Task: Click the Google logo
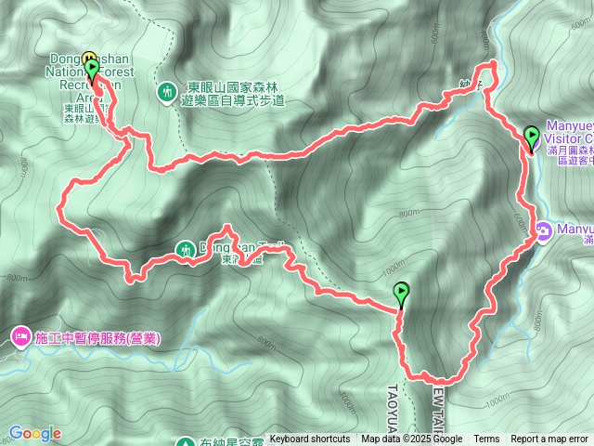point(35,433)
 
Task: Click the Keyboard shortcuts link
point(310,439)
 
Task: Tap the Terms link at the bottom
point(486,439)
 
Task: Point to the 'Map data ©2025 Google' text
point(412,439)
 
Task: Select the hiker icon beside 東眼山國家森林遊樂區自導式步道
point(166,91)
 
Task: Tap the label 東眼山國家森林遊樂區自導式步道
point(233,93)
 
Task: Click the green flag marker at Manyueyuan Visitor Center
point(532,137)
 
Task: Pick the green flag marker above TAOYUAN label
point(401,293)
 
